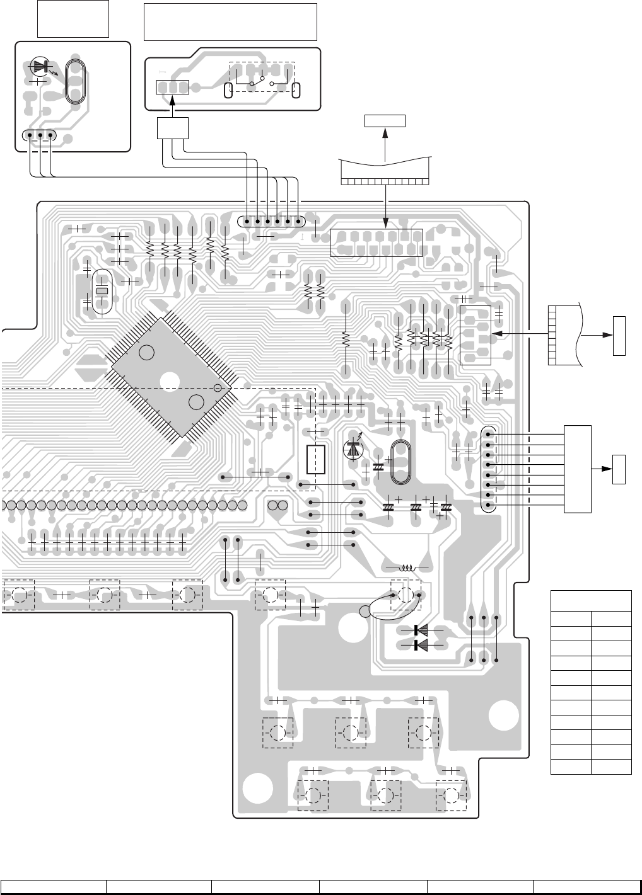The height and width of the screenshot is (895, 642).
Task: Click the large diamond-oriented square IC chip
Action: [x=174, y=377]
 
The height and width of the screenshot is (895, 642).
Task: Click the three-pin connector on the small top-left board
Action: [x=39, y=135]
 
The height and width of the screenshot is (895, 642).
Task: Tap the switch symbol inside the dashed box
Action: [x=261, y=81]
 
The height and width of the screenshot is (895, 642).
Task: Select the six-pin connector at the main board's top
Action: [x=271, y=221]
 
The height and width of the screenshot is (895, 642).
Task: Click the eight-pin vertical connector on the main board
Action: [x=489, y=469]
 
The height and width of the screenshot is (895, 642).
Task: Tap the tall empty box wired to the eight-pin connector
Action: [x=578, y=469]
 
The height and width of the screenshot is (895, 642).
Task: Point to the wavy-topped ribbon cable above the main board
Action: [x=385, y=169]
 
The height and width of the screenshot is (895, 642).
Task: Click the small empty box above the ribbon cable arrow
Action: [x=385, y=121]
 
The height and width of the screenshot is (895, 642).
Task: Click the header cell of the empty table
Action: [x=591, y=600]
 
